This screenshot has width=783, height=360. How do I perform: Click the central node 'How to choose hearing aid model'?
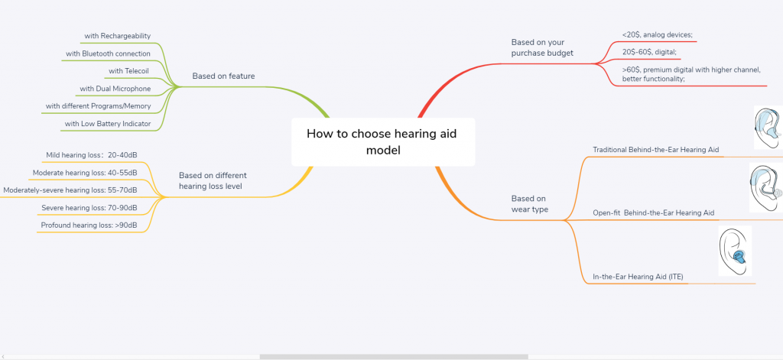pyautogui.click(x=383, y=142)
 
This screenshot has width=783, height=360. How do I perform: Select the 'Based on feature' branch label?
pyautogui.click(x=224, y=76)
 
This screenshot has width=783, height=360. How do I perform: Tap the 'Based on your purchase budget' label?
pyautogui.click(x=542, y=47)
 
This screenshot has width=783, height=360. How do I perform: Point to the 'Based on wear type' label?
pyautogui.click(x=529, y=204)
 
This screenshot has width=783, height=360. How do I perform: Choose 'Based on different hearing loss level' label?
pyautogui.click(x=213, y=180)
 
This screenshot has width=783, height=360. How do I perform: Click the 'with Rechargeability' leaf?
pyautogui.click(x=117, y=36)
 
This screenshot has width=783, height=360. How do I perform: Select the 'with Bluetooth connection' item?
pyautogui.click(x=108, y=54)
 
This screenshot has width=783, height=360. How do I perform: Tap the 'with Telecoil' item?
pyautogui.click(x=128, y=71)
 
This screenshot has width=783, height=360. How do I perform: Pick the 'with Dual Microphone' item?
pyautogui.click(x=115, y=89)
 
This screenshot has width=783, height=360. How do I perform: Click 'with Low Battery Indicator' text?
pyautogui.click(x=108, y=123)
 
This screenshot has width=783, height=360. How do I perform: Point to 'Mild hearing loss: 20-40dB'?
pyautogui.click(x=92, y=155)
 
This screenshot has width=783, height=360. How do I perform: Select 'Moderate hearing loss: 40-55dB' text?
pyautogui.click(x=85, y=173)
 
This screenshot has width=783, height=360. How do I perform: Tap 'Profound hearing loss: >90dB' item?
pyautogui.click(x=89, y=225)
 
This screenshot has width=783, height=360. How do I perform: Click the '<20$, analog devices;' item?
pyautogui.click(x=657, y=34)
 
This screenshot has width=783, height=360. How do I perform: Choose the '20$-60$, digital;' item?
pyautogui.click(x=649, y=52)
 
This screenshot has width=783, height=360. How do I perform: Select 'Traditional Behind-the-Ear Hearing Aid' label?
pyautogui.click(x=655, y=149)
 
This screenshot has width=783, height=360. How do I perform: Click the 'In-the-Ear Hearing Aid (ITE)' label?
pyautogui.click(x=638, y=276)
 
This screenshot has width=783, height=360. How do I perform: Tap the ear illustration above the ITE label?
pyautogui.click(x=735, y=251)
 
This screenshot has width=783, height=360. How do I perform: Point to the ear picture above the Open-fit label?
pyautogui.click(x=767, y=187)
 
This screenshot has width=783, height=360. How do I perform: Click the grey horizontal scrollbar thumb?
pyautogui.click(x=394, y=356)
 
